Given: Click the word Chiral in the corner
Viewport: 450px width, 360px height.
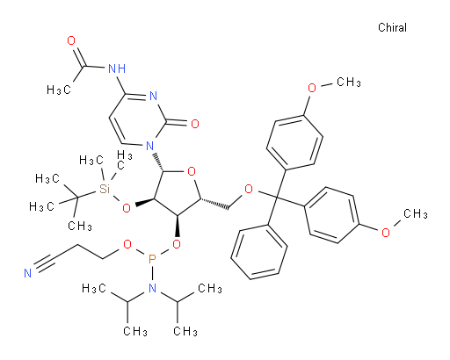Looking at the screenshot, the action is pos(392,27).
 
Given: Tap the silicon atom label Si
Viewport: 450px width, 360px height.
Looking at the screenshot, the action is pos(105,189).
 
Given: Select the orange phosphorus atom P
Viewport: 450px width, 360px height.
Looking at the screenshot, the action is pos(152,259).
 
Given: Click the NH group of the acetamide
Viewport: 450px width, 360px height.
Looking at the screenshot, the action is pos(117,68).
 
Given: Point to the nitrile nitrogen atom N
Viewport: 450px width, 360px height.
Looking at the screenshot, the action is pos(27,273).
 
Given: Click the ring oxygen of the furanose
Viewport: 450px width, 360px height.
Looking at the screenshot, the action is pos(192,171).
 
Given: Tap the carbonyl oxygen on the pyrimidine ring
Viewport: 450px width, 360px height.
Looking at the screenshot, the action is pos(195,124).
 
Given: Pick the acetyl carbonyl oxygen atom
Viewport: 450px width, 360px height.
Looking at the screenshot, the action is pos(71,40).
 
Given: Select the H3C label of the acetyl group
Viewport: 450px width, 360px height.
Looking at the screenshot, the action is pos(59,90).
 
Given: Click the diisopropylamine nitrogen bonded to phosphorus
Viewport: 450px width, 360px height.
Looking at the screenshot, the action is pos(152,288).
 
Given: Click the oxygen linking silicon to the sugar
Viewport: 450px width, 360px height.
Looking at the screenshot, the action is pos(127,208).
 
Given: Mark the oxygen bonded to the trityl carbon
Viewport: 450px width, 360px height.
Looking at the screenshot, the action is pos(249,189).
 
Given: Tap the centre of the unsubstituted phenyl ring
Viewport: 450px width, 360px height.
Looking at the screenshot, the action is pos(259,253).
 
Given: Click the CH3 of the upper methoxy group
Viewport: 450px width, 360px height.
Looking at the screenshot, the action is pos(349,82).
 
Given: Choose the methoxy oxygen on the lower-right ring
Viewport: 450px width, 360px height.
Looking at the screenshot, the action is pos(386,233).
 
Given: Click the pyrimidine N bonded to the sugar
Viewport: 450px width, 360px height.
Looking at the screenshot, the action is pos(149,145).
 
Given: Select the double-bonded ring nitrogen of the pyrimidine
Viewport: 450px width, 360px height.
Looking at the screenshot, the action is pos(153,96).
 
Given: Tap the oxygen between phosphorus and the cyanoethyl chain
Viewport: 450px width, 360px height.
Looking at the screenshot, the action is pos(127,244).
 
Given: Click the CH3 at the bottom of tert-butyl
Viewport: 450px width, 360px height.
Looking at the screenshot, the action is pos(80,226).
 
